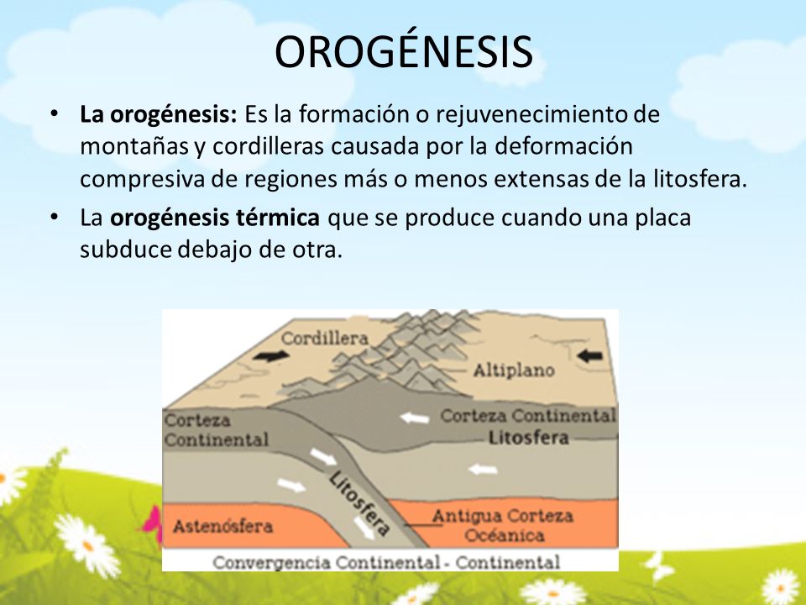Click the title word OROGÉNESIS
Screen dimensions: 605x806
click(x=403, y=52)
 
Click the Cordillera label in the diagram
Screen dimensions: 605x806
click(x=325, y=338)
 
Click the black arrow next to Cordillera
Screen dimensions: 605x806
click(x=268, y=356)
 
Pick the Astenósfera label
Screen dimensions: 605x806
click(x=222, y=526)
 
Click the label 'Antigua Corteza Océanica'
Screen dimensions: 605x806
click(x=502, y=524)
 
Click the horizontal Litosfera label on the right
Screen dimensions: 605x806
click(x=528, y=438)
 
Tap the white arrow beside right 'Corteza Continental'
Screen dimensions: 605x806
click(x=412, y=416)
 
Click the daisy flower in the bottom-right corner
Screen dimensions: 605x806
click(x=780, y=586)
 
